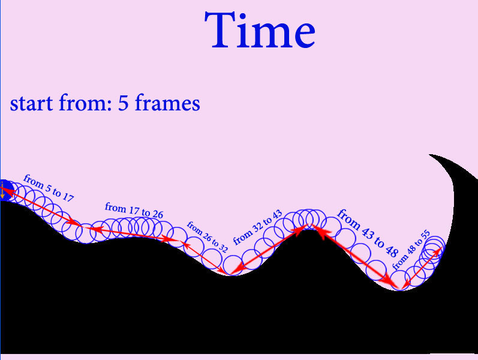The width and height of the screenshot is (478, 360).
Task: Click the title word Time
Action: tap(260, 30)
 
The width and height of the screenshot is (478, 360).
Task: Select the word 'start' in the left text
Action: tap(31, 103)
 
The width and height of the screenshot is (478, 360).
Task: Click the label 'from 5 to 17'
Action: tap(49, 188)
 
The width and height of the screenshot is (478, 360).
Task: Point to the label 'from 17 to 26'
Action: tap(134, 210)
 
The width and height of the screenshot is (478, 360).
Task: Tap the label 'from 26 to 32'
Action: tap(208, 237)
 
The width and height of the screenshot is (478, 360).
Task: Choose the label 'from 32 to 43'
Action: tap(258, 227)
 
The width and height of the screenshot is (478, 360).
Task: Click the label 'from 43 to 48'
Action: tap(368, 233)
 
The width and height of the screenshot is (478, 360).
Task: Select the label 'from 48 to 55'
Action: tap(411, 250)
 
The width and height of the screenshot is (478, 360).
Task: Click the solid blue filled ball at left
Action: tap(6, 190)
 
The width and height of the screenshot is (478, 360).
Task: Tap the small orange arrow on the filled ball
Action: tap(2, 190)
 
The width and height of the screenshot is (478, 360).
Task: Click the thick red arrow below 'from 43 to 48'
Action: tap(354, 256)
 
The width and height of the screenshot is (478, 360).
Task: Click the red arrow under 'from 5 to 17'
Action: tap(41, 207)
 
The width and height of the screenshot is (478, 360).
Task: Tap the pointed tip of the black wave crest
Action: tap(429, 155)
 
